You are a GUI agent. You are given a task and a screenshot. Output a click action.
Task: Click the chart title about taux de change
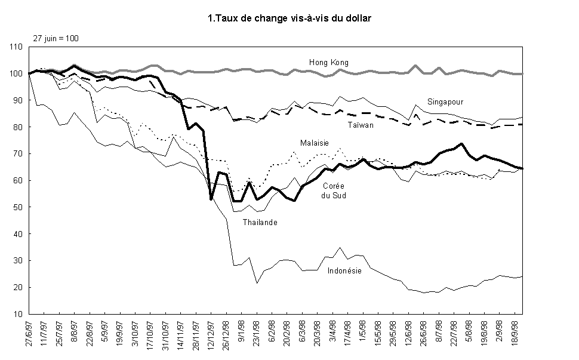[x=289, y=19]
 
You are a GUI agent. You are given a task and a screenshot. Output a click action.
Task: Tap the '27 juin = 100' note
[x=56, y=38]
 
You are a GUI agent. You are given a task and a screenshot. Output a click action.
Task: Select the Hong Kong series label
[x=328, y=62]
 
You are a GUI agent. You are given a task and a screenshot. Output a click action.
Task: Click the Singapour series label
[x=445, y=101]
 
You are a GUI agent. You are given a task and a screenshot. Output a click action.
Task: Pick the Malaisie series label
[x=314, y=143]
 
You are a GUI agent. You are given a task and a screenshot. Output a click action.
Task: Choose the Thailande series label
[x=260, y=222]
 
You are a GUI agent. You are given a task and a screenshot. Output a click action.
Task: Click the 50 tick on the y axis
[x=18, y=207]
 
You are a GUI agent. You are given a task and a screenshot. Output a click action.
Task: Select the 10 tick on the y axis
[x=18, y=314]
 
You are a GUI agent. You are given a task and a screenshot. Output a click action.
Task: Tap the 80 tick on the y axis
[x=18, y=127]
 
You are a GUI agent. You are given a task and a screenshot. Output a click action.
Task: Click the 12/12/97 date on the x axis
[x=211, y=337]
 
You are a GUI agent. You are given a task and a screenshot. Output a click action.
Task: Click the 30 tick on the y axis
[x=18, y=261]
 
